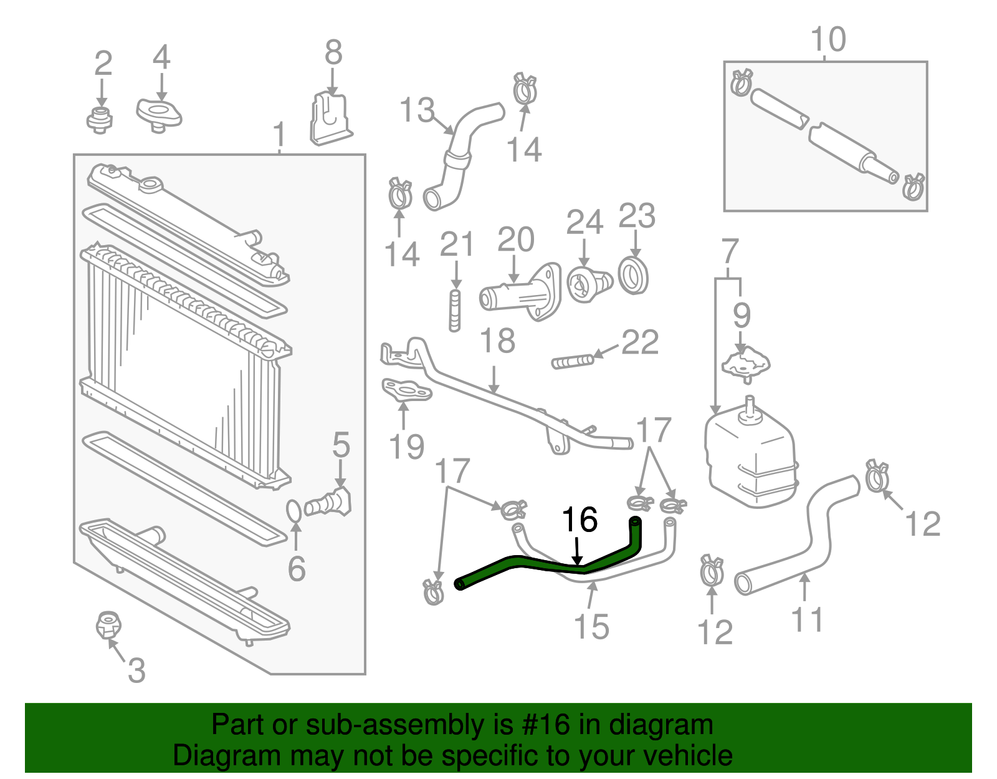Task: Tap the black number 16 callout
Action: coord(580,520)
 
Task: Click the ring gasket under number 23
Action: coord(633,275)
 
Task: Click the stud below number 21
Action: coord(455,310)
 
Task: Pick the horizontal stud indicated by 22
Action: coord(573,361)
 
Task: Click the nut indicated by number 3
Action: coord(108,625)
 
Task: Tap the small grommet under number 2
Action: coord(99,119)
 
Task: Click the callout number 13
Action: coord(416,110)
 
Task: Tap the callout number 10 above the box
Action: coord(828,39)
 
